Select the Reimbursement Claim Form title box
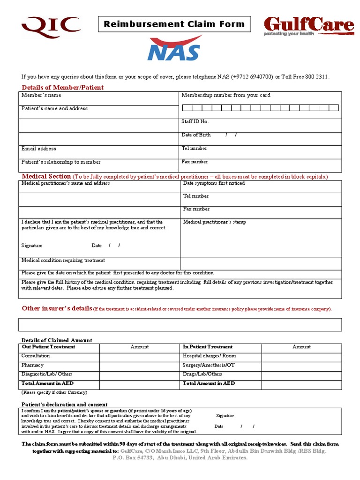pyautogui.click(x=174, y=24)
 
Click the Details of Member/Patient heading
pyautogui.click(x=63, y=88)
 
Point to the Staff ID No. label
pyautogui.click(x=195, y=122)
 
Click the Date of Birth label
pyautogui.click(x=196, y=135)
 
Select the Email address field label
pyautogui.click(x=39, y=149)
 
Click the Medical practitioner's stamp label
pyautogui.click(x=214, y=222)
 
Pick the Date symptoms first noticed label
pyautogui.click(x=214, y=183)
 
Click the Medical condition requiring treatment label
pyautogui.click(x=63, y=260)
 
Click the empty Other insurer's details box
pyautogui.click(x=180, y=324)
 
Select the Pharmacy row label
pyautogui.click(x=33, y=365)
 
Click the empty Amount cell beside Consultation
pyautogui.click(x=140, y=356)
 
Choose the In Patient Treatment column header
pyautogui.click(x=208, y=347)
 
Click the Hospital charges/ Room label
pyautogui.click(x=210, y=356)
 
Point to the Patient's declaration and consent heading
pyautogui.click(x=65, y=404)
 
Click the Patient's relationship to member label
pyautogui.click(x=61, y=162)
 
